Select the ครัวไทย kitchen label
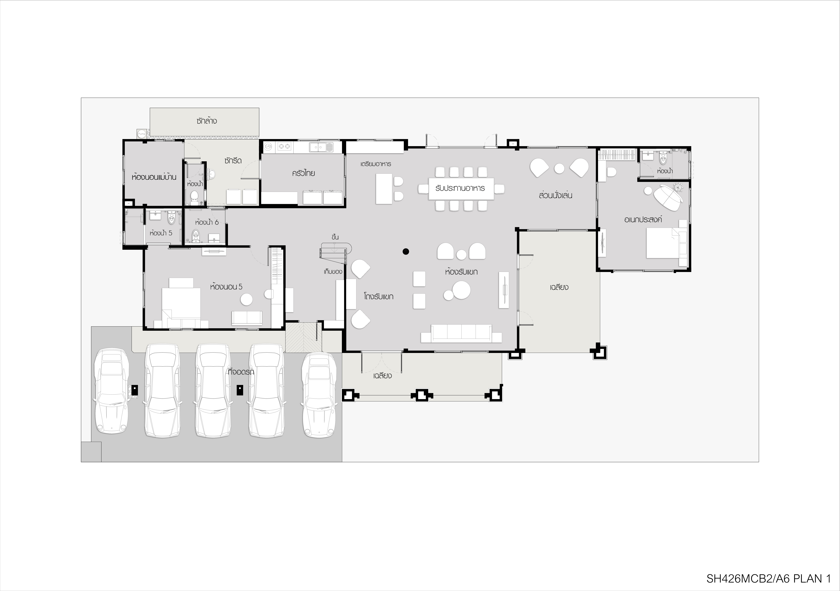(x=303, y=173)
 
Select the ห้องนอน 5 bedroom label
(x=226, y=287)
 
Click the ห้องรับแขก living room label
(x=461, y=272)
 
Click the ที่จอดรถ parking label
(x=241, y=372)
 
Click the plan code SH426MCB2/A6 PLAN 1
(x=767, y=579)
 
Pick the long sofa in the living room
(x=461, y=333)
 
